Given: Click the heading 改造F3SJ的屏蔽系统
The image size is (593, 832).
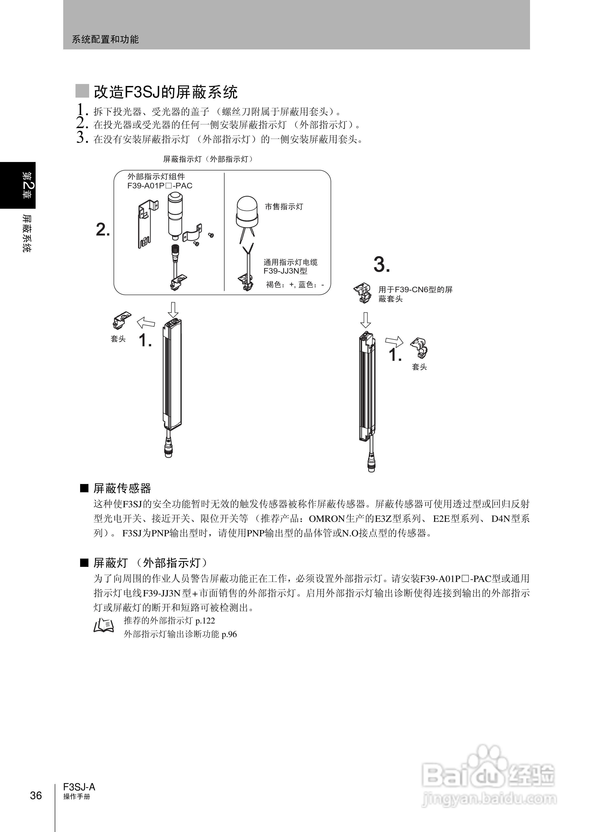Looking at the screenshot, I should pos(165,92).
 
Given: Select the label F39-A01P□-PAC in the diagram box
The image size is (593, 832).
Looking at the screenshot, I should pos(160,186).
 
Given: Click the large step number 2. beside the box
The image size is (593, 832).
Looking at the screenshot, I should pos(103,230).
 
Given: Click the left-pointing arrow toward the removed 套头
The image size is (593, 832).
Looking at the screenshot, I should pos(146,323).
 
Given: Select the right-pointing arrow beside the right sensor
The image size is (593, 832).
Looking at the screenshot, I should pos(394,342).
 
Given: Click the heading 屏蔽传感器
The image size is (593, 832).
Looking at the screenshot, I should pos(122,488).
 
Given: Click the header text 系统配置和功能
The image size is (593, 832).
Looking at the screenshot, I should pos(105,39).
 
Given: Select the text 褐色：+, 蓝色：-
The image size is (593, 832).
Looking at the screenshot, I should pos(295,285).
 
